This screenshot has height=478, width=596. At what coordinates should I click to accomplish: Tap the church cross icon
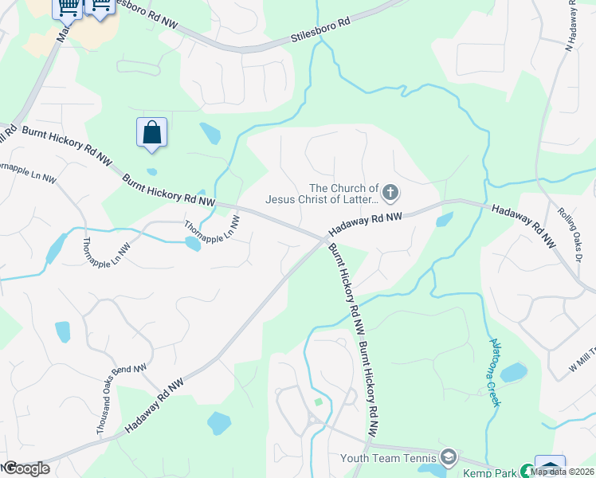390,191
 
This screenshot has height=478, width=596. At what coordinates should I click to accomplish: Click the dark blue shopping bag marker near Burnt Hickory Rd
151,133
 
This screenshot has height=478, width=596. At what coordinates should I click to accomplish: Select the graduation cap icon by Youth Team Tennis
448,456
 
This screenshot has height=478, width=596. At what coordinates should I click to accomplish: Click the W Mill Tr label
582,356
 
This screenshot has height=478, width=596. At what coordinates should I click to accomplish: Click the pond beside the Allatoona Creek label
514,371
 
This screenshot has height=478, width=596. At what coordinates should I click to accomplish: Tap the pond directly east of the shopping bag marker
210,133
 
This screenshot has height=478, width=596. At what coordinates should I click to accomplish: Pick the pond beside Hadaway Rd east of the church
445,219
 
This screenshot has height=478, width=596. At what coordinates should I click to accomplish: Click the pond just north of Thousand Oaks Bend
62,331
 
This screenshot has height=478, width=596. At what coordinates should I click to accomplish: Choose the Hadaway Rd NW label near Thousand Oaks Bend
155,407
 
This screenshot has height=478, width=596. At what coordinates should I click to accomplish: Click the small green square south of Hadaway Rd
319,401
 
